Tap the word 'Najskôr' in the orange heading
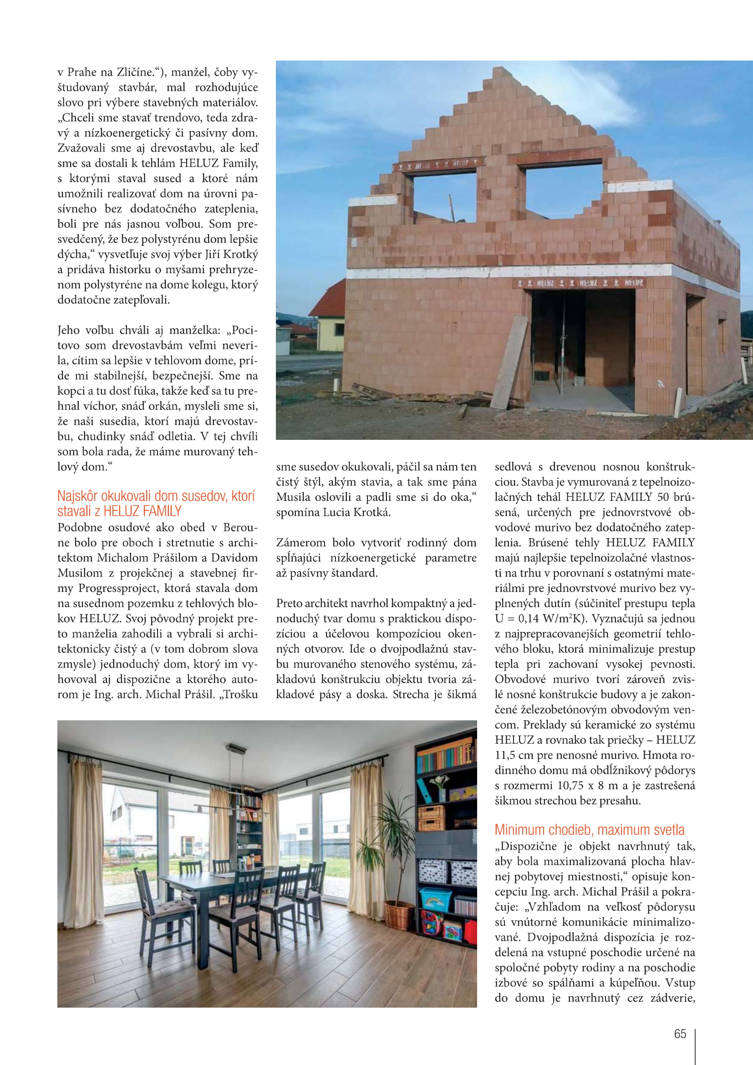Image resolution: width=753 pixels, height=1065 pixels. click(x=77, y=496)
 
